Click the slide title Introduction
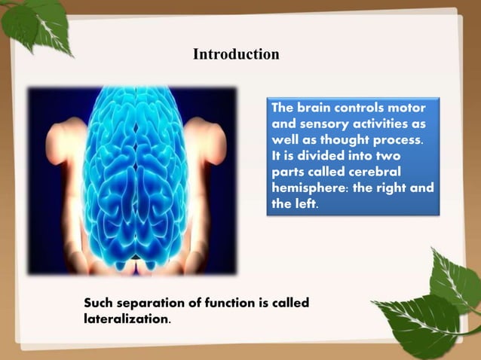[236, 54]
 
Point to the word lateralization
[126, 319]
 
